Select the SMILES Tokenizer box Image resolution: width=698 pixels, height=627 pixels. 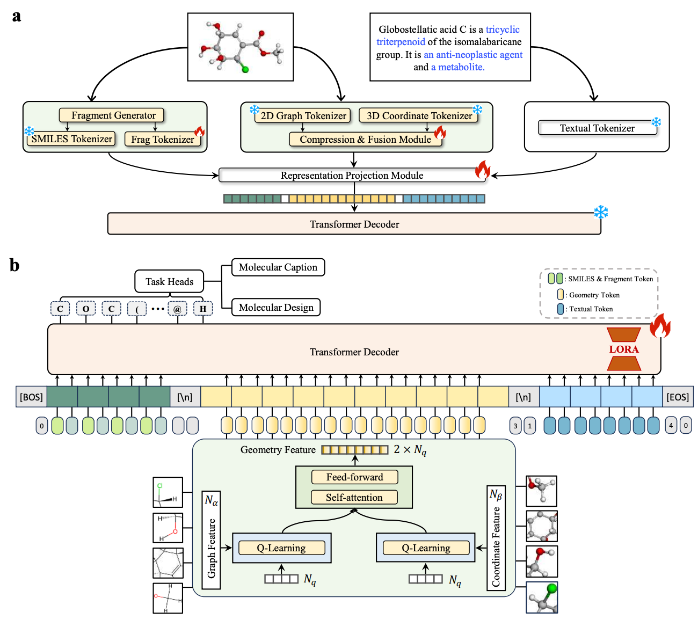71,139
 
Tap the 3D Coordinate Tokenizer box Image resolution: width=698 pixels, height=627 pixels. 419,115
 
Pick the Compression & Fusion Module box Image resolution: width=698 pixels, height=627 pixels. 365,140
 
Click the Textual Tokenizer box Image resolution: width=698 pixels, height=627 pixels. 597,128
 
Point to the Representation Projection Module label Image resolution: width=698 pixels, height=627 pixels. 352,176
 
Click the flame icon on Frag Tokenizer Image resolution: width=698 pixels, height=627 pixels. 200,132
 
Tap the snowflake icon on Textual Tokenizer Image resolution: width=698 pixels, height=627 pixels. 656,122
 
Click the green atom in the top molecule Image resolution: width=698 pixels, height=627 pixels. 245,69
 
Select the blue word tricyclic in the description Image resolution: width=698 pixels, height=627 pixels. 503,30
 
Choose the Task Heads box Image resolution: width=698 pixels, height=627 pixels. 169,282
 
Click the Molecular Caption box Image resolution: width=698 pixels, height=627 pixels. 278,267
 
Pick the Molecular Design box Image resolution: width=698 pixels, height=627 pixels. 276,308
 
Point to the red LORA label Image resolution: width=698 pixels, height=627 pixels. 623,349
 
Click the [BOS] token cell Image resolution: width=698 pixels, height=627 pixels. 31,397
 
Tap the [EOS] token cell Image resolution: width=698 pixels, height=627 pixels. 678,397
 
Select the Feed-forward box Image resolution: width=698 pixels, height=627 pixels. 354,477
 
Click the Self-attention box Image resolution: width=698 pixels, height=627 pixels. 354,498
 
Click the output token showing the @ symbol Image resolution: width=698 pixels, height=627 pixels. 177,309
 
